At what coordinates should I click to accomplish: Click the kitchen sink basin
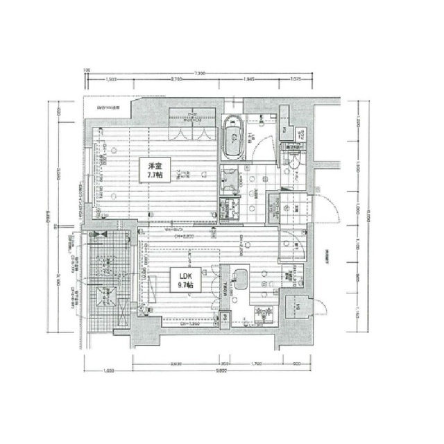tap(240, 281)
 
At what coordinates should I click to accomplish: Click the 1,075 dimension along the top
tap(296, 81)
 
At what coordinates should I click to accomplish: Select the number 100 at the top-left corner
tap(87, 71)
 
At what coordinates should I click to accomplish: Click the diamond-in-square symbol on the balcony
tap(107, 293)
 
